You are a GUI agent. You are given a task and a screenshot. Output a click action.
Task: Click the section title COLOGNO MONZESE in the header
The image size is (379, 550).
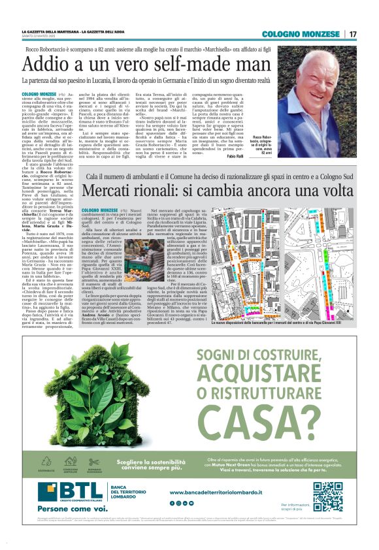tap(303, 34)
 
